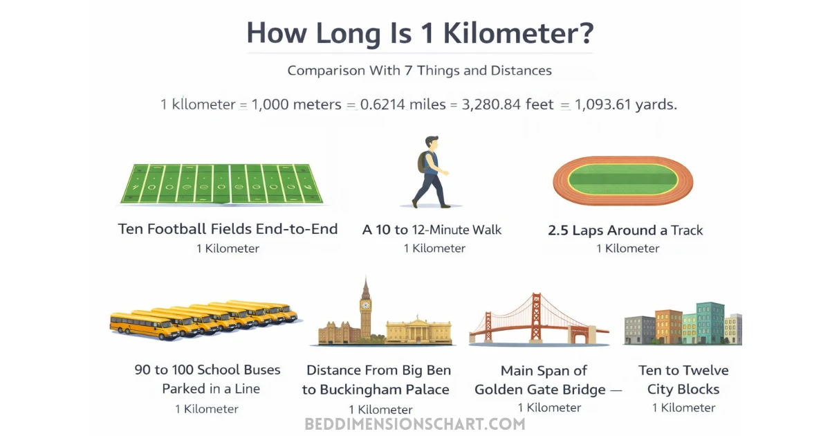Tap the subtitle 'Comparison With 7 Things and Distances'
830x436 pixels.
(419, 70)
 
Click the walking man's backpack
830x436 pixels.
(422, 163)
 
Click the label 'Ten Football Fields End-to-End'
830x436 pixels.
(228, 229)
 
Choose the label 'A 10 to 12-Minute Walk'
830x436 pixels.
(432, 230)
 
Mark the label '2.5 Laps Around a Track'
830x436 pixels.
(625, 230)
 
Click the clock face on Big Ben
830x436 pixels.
(365, 304)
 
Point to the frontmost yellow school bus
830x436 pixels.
(145, 325)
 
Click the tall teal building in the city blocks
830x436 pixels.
(710, 322)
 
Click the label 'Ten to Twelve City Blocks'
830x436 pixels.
(683, 380)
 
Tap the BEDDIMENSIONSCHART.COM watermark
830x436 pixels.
(415, 424)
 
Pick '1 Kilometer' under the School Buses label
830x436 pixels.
(207, 409)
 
